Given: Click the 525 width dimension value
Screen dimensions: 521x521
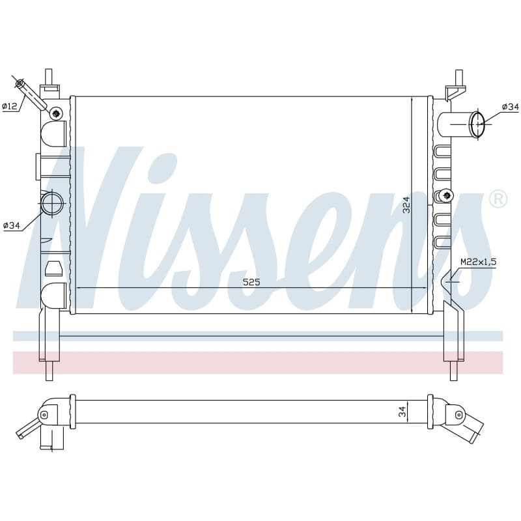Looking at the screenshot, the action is [251, 282].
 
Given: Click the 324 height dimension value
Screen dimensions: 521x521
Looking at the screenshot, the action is [406, 205].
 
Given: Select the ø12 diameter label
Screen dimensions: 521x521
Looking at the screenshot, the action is [9, 106].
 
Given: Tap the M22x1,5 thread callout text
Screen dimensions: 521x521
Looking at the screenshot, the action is [478, 262].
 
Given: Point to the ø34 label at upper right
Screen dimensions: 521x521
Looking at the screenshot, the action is [511, 107].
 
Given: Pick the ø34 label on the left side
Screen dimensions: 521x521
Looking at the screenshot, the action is [12, 225].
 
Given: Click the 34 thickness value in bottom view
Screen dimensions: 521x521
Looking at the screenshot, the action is [402, 412].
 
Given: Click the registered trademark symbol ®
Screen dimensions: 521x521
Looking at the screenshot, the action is [498, 199].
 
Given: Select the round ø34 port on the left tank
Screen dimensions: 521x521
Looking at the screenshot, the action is [52, 203].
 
